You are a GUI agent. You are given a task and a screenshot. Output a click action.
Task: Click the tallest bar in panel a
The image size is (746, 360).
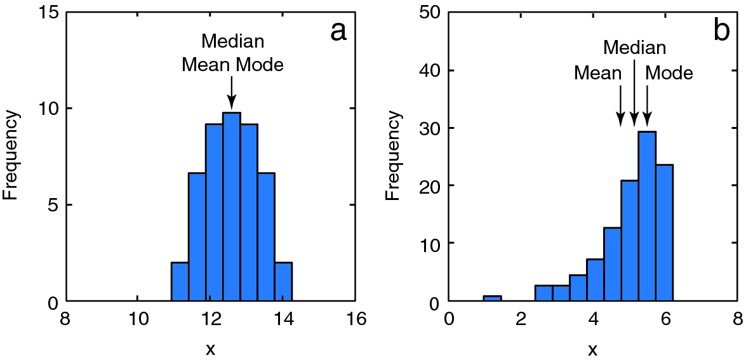point(232,206)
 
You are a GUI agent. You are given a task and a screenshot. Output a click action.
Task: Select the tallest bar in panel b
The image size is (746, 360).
point(647,216)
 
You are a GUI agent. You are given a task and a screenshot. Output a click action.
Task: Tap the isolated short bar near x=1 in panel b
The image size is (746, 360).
point(492,298)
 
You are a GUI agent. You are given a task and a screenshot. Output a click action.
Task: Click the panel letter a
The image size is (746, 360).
point(338,30)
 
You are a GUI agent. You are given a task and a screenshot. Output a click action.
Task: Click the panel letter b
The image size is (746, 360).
point(722,30)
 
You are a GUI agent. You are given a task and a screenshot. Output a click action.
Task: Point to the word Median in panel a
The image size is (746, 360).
point(232,42)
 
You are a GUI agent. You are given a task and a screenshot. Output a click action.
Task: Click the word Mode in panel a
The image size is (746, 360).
point(260,64)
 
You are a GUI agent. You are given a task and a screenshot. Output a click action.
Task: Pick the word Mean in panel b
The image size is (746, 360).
point(597,72)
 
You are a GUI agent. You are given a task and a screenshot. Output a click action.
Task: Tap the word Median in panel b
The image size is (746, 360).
point(635,48)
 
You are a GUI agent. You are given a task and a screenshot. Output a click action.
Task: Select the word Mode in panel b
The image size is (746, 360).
point(669,72)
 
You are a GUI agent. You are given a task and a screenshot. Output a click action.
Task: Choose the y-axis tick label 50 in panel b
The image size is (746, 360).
point(432,12)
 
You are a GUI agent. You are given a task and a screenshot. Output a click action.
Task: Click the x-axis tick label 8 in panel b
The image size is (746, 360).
point(736,319)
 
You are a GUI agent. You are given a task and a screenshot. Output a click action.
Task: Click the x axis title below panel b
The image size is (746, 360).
point(592,349)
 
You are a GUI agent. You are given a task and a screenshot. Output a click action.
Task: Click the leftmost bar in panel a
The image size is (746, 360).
point(180,282)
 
